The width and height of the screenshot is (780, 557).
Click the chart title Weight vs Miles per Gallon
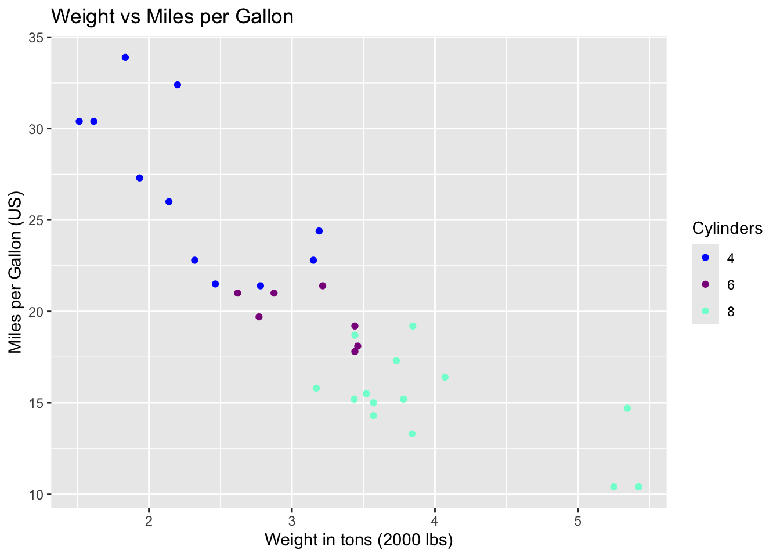click(172, 16)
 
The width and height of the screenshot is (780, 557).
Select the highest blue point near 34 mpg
click(125, 57)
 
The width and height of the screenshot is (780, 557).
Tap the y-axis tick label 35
click(37, 38)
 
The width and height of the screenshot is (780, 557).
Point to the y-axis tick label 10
click(37, 494)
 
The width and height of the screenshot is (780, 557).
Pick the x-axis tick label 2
click(149, 520)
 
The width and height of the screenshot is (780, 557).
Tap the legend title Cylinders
click(727, 229)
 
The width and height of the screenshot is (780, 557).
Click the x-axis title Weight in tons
click(359, 540)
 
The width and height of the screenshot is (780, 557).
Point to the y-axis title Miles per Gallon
click(16, 273)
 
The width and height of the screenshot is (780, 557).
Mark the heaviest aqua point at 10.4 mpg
click(638, 487)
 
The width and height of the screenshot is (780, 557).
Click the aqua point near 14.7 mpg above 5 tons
click(627, 408)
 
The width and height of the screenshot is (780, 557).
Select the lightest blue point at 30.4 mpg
click(80, 121)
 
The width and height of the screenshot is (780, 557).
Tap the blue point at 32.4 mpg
click(178, 85)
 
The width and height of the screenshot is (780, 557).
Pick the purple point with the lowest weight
click(237, 293)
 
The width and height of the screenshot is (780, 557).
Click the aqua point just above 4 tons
click(445, 377)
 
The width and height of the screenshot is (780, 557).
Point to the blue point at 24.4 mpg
click(319, 231)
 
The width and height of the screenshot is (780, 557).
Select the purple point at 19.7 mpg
click(259, 317)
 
